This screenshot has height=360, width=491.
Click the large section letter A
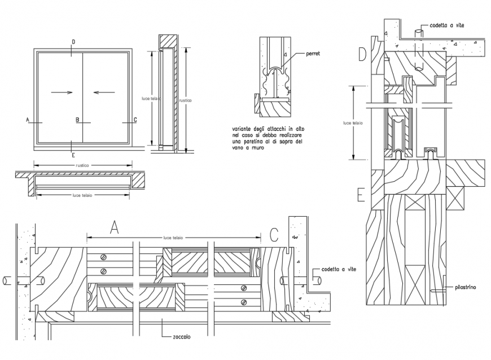pos(115,228)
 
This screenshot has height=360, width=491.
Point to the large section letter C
pos(274,233)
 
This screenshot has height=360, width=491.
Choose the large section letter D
pos(362,55)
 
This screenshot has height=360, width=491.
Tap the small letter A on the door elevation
pos(27,120)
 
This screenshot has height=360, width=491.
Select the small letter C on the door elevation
pos(134,120)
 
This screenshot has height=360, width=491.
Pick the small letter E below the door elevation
pos(73,153)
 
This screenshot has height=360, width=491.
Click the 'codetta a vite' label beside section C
pos(337,270)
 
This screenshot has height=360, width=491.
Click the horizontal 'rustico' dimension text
pos(83,165)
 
